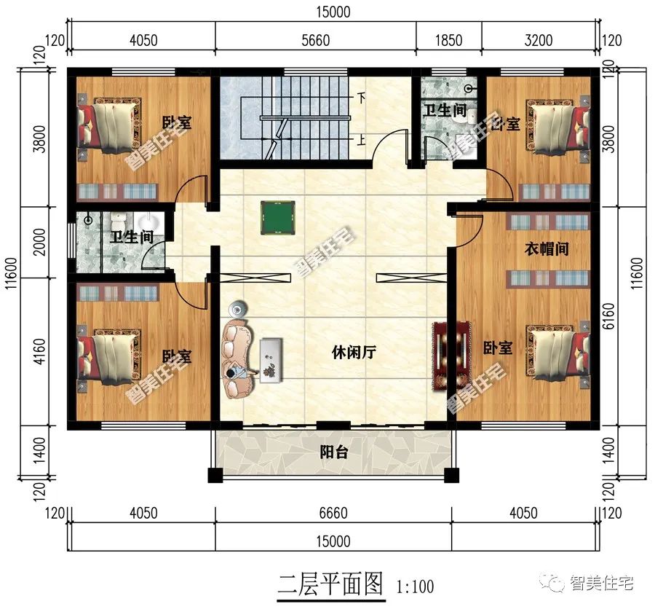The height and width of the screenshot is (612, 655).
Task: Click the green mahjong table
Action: click(276, 214)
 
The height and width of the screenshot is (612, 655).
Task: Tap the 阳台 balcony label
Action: click(334, 452)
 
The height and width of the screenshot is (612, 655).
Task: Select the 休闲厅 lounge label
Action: click(354, 353)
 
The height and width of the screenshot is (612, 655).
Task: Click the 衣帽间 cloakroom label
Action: click(547, 248)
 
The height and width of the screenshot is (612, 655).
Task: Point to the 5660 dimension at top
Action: click(315, 41)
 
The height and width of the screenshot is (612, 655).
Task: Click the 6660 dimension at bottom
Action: click(333, 514)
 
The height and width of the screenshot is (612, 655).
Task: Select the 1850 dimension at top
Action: click(448, 41)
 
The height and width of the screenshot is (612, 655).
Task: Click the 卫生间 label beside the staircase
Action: click(445, 111)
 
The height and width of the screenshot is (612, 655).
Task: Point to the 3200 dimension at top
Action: click(539, 41)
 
